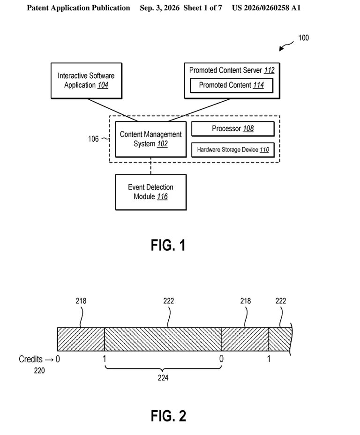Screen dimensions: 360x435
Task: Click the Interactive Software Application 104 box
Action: pyautogui.click(x=86, y=81)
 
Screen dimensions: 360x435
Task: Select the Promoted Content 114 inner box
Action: pyautogui.click(x=231, y=85)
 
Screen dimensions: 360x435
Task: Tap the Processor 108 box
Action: pyautogui.click(x=232, y=129)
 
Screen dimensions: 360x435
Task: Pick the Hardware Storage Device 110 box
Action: pyautogui.click(x=232, y=150)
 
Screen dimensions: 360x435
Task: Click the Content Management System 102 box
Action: pyautogui.click(x=150, y=139)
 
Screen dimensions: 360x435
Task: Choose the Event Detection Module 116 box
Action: pyautogui.click(x=150, y=192)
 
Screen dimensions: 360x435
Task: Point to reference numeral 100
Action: pyautogui.click(x=303, y=37)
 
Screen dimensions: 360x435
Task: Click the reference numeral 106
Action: pyautogui.click(x=93, y=139)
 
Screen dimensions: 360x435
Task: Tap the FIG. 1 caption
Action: pyautogui.click(x=168, y=245)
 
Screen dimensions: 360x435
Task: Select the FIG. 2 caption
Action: pyautogui.click(x=168, y=416)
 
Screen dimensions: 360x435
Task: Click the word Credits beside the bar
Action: pyautogui.click(x=30, y=359)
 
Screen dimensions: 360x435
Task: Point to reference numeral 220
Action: pyautogui.click(x=39, y=370)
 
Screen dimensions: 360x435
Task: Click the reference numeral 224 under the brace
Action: pyautogui.click(x=163, y=377)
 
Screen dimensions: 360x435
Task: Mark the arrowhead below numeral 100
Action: pyautogui.click(x=281, y=49)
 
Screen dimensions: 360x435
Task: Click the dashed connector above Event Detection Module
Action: pyautogui.click(x=150, y=166)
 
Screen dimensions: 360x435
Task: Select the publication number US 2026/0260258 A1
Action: pyautogui.click(x=266, y=8)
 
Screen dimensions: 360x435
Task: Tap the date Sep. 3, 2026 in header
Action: pyautogui.click(x=159, y=8)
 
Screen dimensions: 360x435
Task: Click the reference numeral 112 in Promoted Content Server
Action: pyautogui.click(x=269, y=70)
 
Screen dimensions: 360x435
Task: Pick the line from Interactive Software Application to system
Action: pyautogui.click(x=113, y=110)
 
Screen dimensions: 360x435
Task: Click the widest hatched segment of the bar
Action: pyautogui.click(x=163, y=339)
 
